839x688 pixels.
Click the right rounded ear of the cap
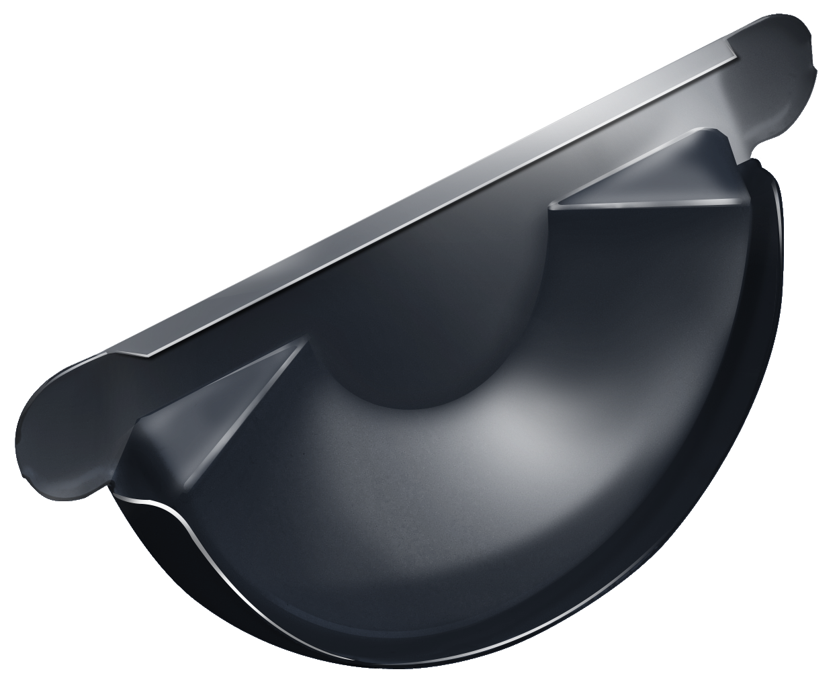point(772,74)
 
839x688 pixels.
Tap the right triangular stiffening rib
point(645,175)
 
